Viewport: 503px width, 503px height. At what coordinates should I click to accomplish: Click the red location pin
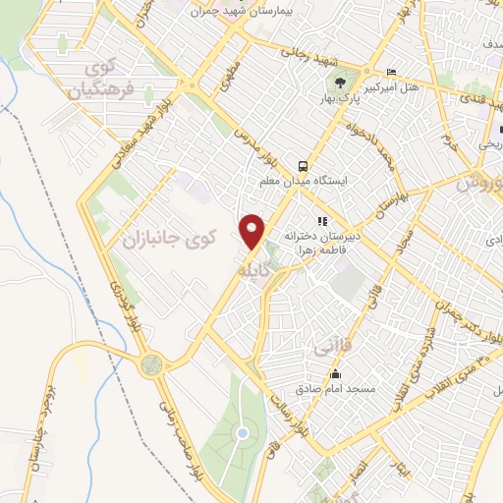[x=253, y=231]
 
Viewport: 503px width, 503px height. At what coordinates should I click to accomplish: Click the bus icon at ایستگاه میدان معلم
[x=304, y=165]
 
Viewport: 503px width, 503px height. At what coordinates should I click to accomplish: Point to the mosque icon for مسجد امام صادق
[x=336, y=373]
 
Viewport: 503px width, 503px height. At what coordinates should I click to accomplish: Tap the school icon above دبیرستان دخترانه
[x=321, y=221]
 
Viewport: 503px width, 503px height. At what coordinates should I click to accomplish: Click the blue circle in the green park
[x=242, y=432]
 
